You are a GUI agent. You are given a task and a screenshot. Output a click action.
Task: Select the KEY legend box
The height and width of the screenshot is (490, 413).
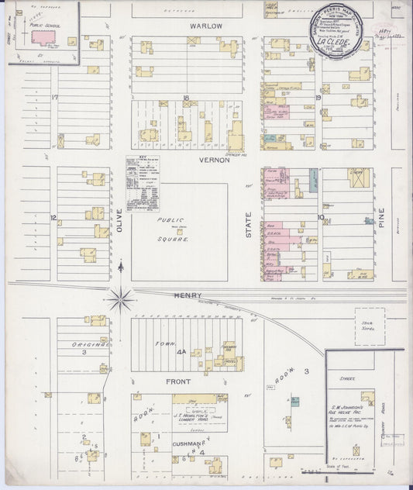(x=143, y=183)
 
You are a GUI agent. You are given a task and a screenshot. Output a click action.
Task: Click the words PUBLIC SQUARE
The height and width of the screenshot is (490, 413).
(x=174, y=229)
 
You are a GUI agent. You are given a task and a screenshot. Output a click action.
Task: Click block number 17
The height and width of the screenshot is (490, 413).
(x=54, y=97)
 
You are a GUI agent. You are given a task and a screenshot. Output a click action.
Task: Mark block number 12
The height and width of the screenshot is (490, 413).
(x=53, y=217)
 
